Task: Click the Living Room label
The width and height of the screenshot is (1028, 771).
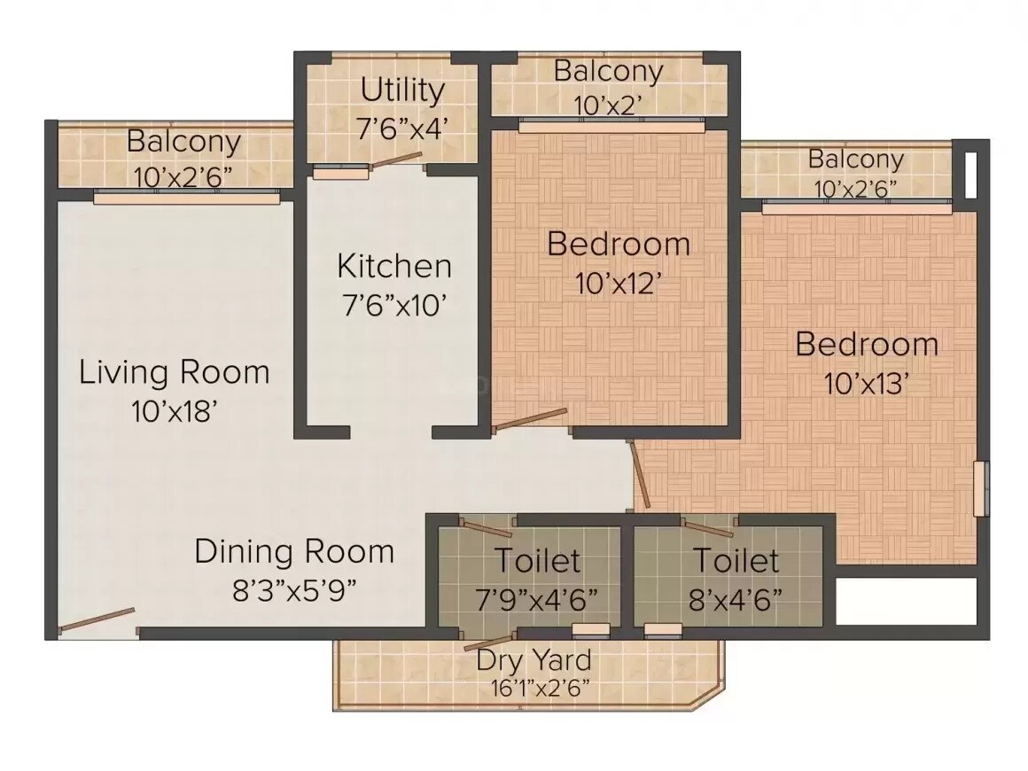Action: click(175, 371)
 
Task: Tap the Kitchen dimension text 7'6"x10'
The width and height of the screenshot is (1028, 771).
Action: click(393, 306)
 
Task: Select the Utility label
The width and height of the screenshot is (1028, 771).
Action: click(402, 90)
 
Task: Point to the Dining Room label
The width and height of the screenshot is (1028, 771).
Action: click(294, 551)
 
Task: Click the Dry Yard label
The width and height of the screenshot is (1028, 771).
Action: click(533, 660)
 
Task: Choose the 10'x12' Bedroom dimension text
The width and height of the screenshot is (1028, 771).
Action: click(619, 284)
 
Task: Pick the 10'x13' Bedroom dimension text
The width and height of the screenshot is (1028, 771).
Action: click(867, 384)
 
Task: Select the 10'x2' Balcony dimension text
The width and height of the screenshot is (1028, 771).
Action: click(608, 105)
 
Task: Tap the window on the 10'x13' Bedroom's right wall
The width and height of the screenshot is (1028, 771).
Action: click(979, 487)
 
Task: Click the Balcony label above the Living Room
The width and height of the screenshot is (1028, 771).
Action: click(183, 141)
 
